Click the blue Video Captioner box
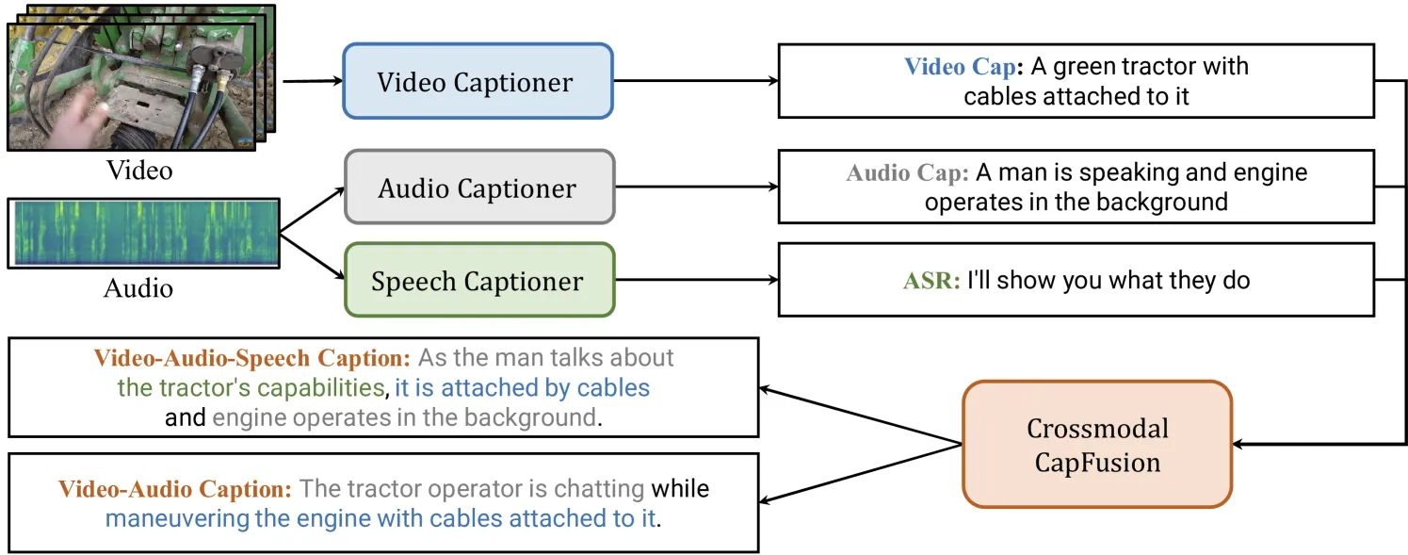tap(477, 81)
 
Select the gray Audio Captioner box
tap(479, 187)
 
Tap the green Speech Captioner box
tap(479, 280)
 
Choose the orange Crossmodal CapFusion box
tap(1097, 444)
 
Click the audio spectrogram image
tap(144, 233)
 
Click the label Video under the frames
tap(138, 171)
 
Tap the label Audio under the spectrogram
tap(138, 288)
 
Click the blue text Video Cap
tap(960, 67)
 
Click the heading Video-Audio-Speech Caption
tap(251, 358)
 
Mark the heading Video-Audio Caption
tap(175, 489)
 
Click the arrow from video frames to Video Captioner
tap(313, 80)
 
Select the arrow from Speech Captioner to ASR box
tap(696, 280)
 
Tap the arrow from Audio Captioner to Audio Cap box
tap(696, 187)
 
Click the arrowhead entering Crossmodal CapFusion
tap(1238, 444)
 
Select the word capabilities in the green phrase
tap(320, 388)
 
